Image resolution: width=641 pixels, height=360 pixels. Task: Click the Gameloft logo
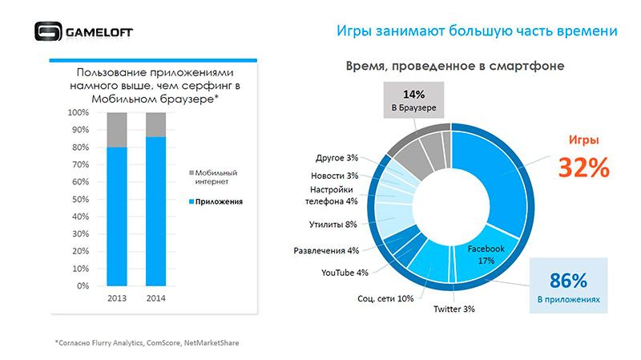84,31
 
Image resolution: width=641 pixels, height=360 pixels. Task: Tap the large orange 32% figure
584,167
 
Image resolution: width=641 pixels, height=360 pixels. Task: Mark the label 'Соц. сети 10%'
385,298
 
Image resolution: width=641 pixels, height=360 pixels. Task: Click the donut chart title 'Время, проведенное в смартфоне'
454,67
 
